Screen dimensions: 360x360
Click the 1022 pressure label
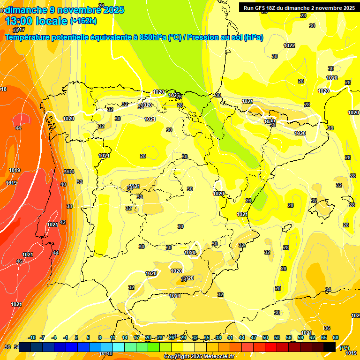tap(289, 45)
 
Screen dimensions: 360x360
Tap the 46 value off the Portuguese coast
tap(19, 261)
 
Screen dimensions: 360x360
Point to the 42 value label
tap(63, 222)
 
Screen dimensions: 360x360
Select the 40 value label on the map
tap(63, 184)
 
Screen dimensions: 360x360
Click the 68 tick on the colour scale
tap(335, 337)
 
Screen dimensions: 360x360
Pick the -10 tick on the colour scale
tap(32, 337)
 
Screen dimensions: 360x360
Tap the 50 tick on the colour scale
tap(265, 337)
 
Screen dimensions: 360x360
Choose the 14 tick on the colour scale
tap(125, 337)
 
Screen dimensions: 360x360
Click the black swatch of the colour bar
tap(330, 347)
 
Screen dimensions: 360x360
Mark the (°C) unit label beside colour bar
tap(345, 347)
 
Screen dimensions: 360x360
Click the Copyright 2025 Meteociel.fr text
tap(198, 356)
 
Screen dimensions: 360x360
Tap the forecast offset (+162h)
tap(83, 21)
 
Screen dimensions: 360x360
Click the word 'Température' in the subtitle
tap(29, 37)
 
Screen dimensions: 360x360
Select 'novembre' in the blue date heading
tap(79, 9)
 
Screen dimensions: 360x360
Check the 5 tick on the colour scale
tap(88, 337)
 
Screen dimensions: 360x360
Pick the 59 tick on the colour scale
tap(300, 337)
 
